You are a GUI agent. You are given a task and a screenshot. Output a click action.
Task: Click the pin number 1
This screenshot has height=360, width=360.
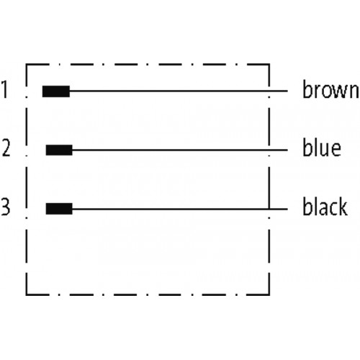(x=5, y=89)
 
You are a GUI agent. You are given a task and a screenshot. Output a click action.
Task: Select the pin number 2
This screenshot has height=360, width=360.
(x=6, y=148)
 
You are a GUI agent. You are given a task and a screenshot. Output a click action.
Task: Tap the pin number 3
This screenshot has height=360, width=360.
(x=5, y=206)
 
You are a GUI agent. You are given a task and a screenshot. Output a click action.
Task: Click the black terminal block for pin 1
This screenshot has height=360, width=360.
(x=56, y=91)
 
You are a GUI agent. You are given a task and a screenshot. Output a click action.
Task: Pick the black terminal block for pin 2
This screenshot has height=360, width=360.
(x=59, y=150)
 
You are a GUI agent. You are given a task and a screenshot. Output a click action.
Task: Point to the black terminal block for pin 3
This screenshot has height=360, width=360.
(x=59, y=209)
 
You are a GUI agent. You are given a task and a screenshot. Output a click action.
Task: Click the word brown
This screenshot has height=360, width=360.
(x=330, y=89)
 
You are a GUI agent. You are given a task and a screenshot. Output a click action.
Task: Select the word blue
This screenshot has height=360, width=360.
(x=322, y=148)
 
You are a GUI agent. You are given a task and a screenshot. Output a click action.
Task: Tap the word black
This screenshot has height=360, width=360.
(x=325, y=206)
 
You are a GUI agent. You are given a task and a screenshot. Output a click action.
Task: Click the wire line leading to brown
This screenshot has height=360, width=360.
(x=179, y=91)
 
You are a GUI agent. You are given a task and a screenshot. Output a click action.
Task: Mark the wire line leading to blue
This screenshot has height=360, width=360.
(x=180, y=150)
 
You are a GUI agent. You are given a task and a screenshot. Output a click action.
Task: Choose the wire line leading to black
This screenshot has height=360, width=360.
(x=180, y=209)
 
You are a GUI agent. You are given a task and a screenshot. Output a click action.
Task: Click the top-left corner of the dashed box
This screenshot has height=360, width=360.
(x=26, y=64)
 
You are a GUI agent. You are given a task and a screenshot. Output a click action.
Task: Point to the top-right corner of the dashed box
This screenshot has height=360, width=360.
(x=269, y=64)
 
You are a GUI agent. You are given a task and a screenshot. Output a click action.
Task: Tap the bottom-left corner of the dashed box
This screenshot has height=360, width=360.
(x=26, y=294)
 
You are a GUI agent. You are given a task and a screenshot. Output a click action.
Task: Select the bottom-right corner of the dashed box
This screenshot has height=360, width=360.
(x=269, y=294)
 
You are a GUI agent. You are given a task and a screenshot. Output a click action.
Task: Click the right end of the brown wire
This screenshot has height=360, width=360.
(x=287, y=91)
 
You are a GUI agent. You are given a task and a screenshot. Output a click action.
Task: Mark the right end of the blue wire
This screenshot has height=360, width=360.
(x=287, y=150)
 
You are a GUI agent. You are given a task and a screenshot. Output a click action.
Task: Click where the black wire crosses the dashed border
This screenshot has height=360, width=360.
(x=269, y=209)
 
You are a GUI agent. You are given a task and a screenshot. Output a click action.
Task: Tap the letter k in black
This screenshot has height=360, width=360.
(x=342, y=206)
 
